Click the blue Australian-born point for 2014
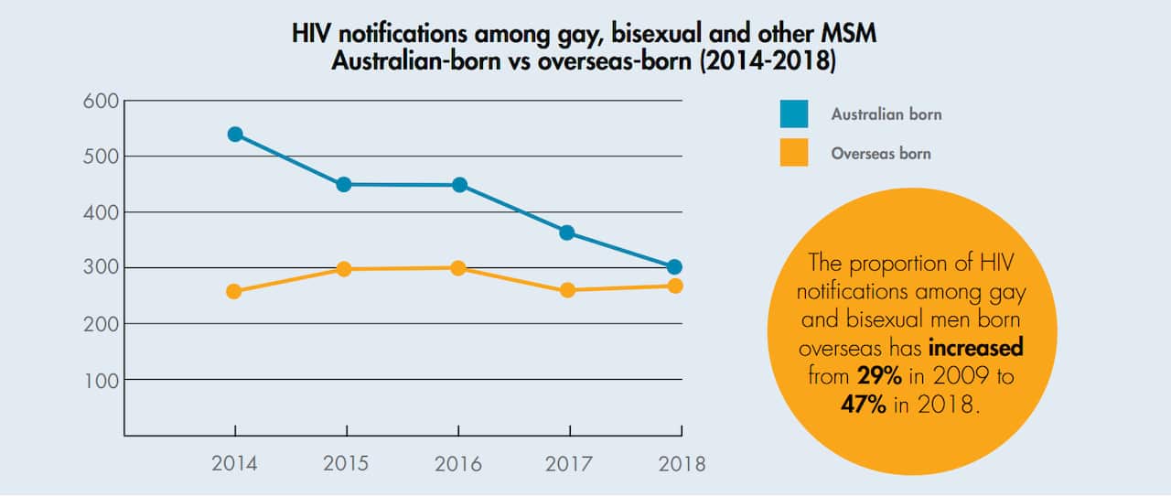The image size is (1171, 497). pos(235,135)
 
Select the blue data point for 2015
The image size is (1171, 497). pos(344,184)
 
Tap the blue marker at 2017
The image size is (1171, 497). pos(567,232)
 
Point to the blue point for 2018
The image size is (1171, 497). pos(674,267)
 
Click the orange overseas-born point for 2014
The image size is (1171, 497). pos(234,291)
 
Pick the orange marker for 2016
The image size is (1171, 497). pos(457,268)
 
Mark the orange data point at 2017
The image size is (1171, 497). pos(567,290)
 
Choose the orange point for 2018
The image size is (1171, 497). pos(675,286)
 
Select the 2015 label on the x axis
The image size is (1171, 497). pos(346,463)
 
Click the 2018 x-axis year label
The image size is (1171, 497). pos(682,463)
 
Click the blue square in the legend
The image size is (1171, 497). pos(793,114)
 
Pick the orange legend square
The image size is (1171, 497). pos(793,153)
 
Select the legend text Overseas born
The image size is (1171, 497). pos(880,154)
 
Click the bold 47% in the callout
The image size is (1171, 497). pos(864,405)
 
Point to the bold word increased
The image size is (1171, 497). pos(975,349)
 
